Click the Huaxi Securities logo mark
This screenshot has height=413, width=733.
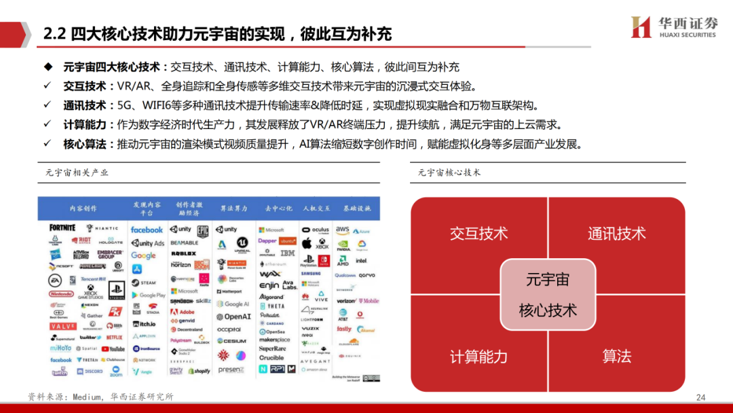click(641, 27)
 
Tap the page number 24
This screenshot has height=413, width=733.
click(701, 397)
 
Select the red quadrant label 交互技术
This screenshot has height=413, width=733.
click(478, 234)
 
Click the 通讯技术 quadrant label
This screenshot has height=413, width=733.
click(616, 234)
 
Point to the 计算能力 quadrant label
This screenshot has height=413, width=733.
click(478, 357)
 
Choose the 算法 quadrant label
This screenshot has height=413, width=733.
click(616, 356)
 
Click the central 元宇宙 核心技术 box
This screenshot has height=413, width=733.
click(548, 295)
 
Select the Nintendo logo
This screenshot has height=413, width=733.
click(62, 294)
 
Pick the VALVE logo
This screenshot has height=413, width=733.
click(62, 327)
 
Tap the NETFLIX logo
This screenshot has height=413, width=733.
click(114, 338)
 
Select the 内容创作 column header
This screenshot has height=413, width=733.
click(83, 208)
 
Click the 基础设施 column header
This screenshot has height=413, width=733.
click(356, 208)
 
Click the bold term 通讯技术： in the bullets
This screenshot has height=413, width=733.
click(85, 105)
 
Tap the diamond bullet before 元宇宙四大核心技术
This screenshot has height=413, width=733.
click(48, 67)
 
